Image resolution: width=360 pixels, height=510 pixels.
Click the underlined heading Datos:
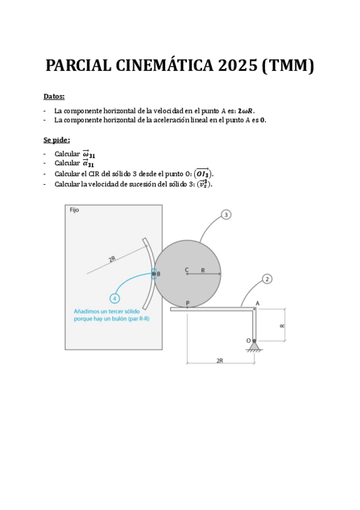54,96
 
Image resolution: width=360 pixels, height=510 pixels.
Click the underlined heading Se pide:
56,140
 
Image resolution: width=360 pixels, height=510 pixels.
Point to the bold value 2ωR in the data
246,111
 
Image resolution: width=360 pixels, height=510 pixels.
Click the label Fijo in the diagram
75,210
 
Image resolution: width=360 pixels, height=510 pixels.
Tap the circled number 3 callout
226,215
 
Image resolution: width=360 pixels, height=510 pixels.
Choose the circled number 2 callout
267,279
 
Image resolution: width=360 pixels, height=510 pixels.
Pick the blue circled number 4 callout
115,298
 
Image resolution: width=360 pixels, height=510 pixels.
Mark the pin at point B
154,274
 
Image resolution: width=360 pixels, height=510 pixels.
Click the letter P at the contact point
188,303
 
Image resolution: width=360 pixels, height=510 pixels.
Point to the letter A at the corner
257,303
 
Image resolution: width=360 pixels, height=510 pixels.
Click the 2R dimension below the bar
220,361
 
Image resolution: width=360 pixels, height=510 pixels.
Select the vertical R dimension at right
282,325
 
